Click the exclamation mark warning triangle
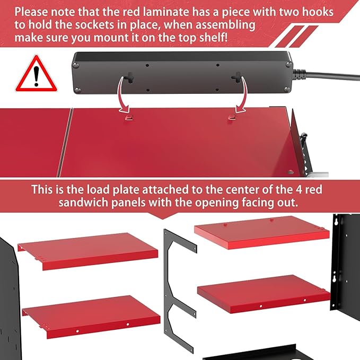[x=36, y=74]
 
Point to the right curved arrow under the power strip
[x=242, y=94]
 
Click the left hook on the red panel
[x=129, y=118]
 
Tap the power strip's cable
[x=326, y=75]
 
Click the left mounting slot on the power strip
[x=130, y=77]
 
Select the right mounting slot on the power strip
[x=236, y=77]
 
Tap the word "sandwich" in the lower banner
[x=83, y=203]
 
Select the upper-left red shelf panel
[x=89, y=251]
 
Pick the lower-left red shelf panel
[x=92, y=317]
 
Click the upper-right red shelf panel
[x=262, y=232]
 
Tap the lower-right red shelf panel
[x=264, y=293]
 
